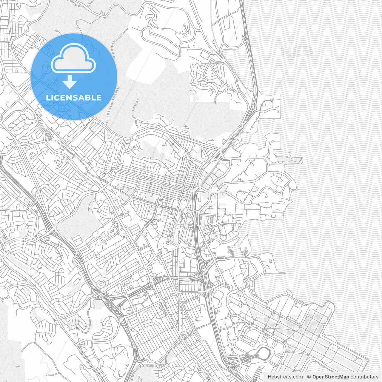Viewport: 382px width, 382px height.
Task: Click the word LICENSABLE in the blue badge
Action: tap(74, 98)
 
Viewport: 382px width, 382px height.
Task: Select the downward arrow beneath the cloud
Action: tap(70, 82)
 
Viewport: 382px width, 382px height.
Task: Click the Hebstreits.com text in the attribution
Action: tap(285, 377)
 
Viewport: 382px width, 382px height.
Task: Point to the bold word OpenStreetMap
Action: tap(331, 377)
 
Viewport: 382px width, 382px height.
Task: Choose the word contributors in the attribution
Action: tap(364, 377)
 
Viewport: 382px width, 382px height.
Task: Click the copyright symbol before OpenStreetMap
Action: tap(309, 377)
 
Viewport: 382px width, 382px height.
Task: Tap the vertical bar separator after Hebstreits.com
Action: tap(305, 377)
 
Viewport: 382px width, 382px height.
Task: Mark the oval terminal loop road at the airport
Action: tap(264, 354)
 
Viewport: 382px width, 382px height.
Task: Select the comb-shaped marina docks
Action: tap(231, 251)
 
